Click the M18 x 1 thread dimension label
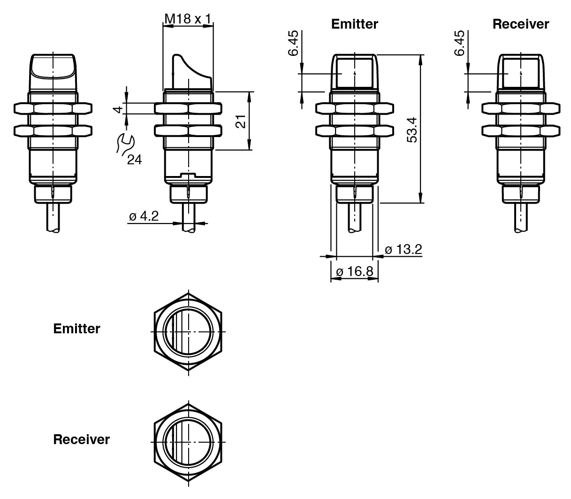188,19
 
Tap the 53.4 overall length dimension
412,130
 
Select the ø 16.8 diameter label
355,271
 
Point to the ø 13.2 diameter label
403,249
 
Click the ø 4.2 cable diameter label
144,216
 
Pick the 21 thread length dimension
241,121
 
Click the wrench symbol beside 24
124,143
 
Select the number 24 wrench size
134,160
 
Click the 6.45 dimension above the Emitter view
293,43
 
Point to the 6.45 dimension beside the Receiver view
460,43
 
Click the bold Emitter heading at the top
354,24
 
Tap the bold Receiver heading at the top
520,24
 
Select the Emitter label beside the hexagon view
76,329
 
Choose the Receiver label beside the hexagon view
81,439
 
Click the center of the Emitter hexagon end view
188,331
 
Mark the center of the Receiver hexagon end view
188,442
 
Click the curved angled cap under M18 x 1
190,73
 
